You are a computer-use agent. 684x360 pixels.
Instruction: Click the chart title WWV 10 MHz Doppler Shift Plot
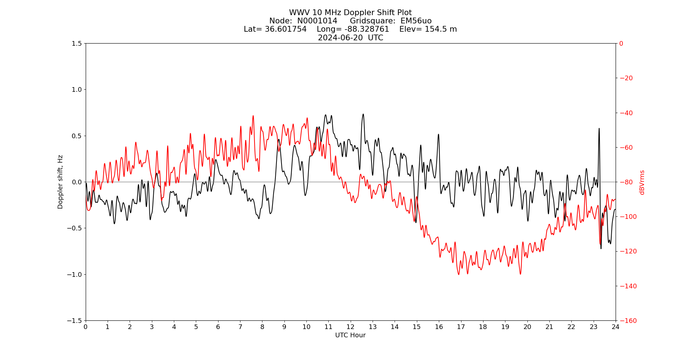pyautogui.click(x=350, y=13)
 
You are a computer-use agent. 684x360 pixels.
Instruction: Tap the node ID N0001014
pyautogui.click(x=317, y=21)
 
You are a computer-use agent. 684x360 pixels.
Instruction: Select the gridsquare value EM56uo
pyautogui.click(x=416, y=21)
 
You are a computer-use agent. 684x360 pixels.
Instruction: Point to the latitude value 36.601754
pyautogui.click(x=285, y=29)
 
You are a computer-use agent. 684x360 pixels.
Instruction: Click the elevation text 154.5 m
pyautogui.click(x=439, y=29)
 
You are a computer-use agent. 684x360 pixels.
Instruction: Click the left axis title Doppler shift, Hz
pyautogui.click(x=60, y=182)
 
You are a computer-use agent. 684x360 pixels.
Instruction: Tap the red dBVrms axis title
pyautogui.click(x=642, y=182)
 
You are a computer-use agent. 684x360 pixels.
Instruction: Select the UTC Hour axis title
pyautogui.click(x=350, y=335)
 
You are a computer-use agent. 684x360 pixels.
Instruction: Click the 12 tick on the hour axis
pyautogui.click(x=350, y=327)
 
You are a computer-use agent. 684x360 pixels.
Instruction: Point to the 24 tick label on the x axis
pyautogui.click(x=615, y=327)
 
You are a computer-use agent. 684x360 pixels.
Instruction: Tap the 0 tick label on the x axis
pyautogui.click(x=86, y=327)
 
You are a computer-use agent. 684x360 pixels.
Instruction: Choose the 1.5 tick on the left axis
pyautogui.click(x=77, y=44)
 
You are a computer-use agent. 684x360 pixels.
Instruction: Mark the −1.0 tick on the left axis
pyautogui.click(x=75, y=274)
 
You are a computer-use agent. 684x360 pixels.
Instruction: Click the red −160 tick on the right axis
pyautogui.click(x=626, y=320)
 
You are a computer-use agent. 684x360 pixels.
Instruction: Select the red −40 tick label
pyautogui.click(x=625, y=113)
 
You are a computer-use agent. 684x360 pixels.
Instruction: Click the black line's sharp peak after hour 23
pyautogui.click(x=599, y=129)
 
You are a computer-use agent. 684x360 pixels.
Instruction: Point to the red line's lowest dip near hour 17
pyautogui.click(x=459, y=274)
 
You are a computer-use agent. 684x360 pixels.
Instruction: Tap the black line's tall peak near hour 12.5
pyautogui.click(x=363, y=114)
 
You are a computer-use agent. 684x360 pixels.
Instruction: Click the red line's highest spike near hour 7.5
pyautogui.click(x=253, y=116)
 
